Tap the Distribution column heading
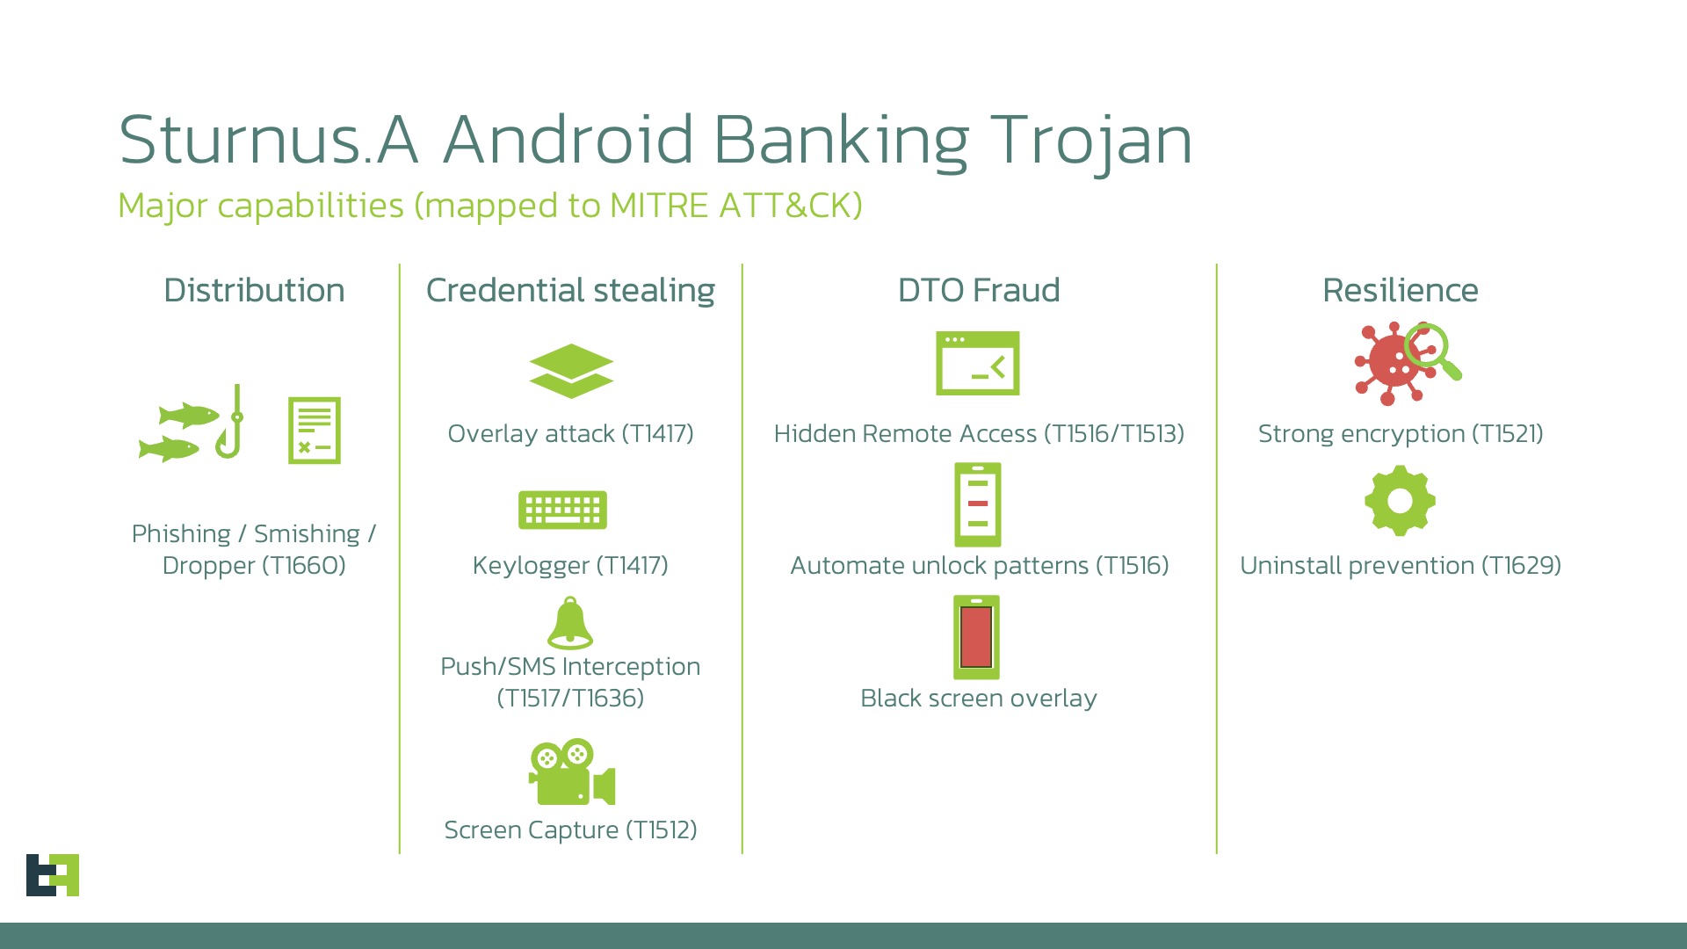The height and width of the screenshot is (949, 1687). tap(254, 290)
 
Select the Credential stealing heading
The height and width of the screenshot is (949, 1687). tap(570, 290)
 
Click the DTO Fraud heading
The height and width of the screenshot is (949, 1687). tap(979, 290)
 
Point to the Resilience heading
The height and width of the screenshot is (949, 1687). tap(1400, 290)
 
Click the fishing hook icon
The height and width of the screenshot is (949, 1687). tap(231, 424)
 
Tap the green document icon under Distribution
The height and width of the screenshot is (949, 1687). tap(314, 431)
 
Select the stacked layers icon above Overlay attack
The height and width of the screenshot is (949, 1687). tap(571, 371)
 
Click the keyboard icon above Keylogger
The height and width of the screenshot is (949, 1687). tap(562, 510)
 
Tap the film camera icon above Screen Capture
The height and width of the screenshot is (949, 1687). tap(571, 772)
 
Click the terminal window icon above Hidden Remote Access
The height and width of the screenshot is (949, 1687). tap(978, 363)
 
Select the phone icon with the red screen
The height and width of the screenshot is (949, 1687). tap(977, 637)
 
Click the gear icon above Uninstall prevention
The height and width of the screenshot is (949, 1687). tap(1400, 501)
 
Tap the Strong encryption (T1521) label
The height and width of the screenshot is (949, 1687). tap(1401, 433)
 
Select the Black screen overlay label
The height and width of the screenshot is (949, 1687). tap(978, 698)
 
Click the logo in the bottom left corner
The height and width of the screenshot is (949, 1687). tap(53, 874)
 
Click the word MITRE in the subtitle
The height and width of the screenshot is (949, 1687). tap(658, 206)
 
